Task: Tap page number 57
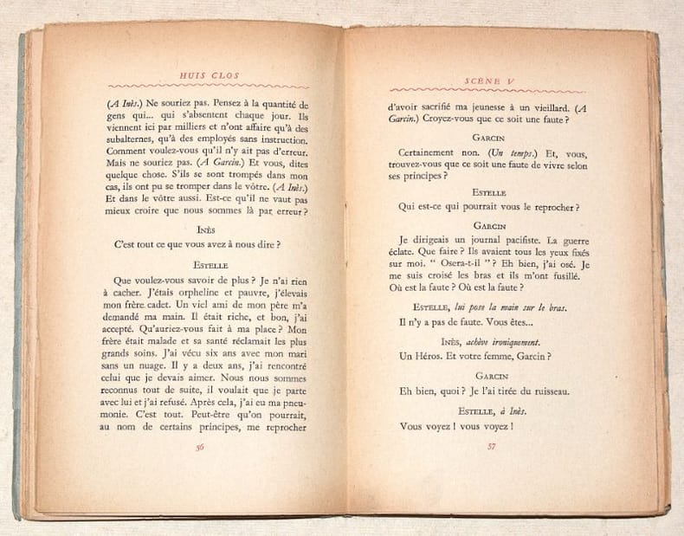click(x=490, y=446)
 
